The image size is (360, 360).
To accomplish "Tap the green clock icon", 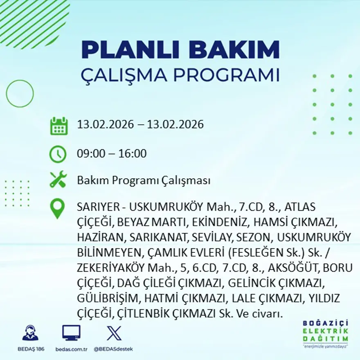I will [x=58, y=154].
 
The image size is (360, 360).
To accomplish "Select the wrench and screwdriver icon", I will [x=58, y=180].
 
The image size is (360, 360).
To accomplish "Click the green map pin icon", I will [x=58, y=208].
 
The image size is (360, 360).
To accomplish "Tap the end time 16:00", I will [x=133, y=154].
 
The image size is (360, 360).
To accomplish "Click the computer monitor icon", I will [x=71, y=333].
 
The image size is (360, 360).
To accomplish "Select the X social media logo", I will [x=114, y=333].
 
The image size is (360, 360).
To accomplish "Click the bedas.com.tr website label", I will [x=72, y=349].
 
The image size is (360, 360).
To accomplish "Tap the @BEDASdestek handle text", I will [x=113, y=349].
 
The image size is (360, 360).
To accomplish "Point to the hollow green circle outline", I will [x=20, y=94].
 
